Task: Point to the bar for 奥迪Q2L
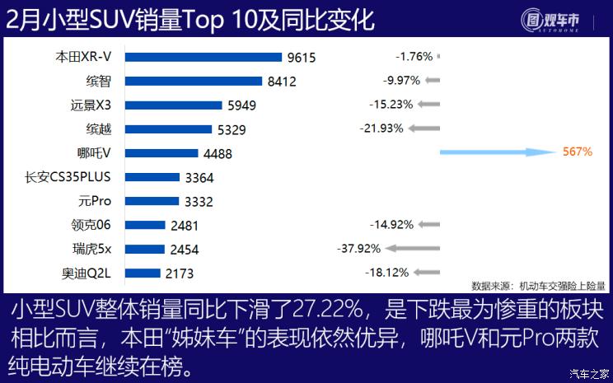coord(143,273)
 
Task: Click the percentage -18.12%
coord(388,273)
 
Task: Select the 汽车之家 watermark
coord(590,374)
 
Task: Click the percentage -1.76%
coord(414,57)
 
